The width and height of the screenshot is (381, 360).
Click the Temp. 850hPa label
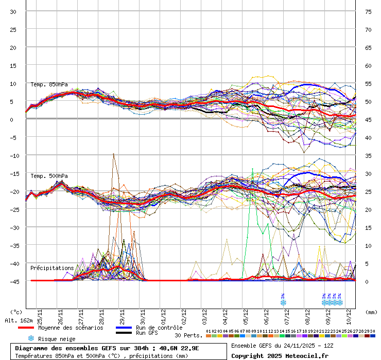(x=49, y=84)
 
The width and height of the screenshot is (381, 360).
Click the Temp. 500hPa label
(x=49, y=176)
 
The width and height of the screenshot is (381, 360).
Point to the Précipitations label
(x=52, y=268)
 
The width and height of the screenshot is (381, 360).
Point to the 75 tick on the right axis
(x=368, y=12)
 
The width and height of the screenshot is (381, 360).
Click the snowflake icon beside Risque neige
(x=31, y=338)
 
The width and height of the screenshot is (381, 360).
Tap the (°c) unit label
(x=16, y=312)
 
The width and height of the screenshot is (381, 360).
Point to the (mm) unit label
(x=370, y=312)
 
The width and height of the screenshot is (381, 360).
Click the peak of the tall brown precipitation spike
(x=113, y=154)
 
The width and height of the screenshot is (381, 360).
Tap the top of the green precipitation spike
(x=252, y=169)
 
